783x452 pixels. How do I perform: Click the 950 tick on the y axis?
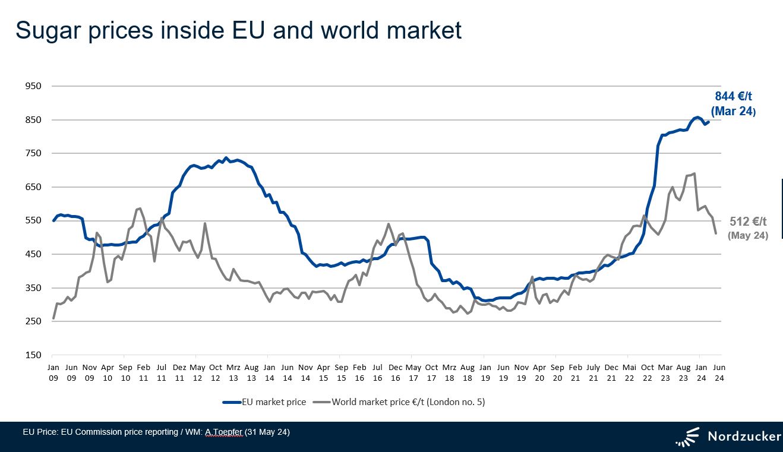tap(33, 86)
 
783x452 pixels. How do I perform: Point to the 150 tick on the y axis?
tap(33, 355)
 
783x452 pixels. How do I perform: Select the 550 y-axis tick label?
tap(33, 220)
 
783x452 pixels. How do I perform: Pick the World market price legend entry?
tap(408, 402)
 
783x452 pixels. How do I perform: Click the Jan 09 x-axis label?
tap(53, 372)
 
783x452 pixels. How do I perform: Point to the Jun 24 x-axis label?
tap(719, 372)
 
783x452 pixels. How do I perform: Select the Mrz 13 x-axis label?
tap(233, 372)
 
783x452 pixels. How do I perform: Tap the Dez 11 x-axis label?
tap(179, 372)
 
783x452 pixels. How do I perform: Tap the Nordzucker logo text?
tap(744, 437)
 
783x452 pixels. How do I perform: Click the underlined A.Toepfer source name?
tap(224, 432)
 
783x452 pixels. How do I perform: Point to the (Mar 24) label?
tap(733, 111)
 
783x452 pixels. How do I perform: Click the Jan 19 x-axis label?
tap(485, 372)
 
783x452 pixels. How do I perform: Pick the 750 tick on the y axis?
tap(33, 153)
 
